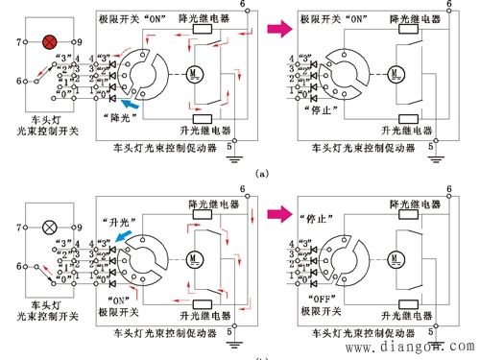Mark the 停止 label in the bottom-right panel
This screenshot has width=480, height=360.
[x=314, y=215]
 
